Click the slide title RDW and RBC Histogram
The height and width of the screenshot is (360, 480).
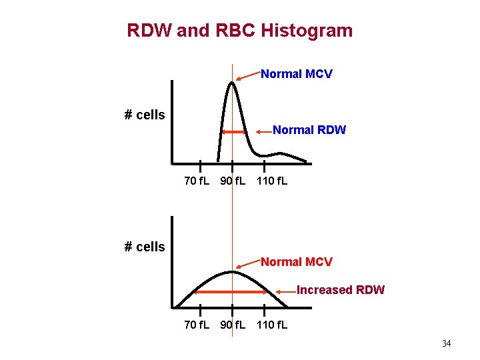239,31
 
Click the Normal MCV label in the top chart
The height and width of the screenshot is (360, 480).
296,74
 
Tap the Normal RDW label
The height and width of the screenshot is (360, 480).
309,131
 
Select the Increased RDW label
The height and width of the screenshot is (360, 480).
340,290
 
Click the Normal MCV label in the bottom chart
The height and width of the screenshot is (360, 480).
296,262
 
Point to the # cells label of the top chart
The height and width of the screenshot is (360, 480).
145,115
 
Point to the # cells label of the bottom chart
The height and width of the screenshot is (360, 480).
145,247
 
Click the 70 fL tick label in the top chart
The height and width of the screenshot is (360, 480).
197,181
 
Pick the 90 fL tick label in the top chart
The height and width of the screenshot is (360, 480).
233,181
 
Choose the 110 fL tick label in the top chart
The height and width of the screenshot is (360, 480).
272,181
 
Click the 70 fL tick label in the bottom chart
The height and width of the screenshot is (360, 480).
197,325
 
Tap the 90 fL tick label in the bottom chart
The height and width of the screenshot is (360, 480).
233,325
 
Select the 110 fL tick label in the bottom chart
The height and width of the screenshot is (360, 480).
272,325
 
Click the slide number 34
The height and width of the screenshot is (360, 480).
446,344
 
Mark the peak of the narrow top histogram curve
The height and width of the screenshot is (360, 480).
232,83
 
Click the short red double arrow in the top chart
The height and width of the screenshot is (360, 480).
234,132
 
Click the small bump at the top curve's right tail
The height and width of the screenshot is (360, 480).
290,155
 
